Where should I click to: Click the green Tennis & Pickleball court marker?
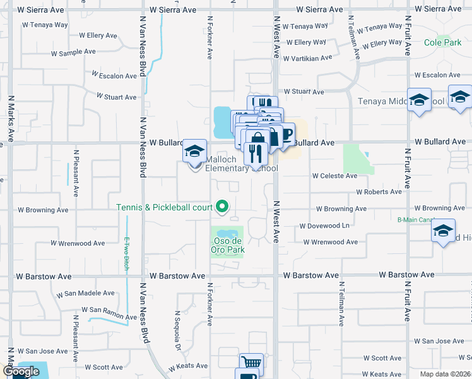221,207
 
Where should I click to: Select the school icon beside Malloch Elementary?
194,152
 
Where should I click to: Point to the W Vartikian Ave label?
308,58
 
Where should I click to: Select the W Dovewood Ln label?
324,226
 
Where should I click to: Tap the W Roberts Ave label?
379,191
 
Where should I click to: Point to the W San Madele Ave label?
85,294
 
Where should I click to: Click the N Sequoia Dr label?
178,331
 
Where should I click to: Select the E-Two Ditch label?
127,253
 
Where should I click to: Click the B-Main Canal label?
413,220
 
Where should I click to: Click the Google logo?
21,371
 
